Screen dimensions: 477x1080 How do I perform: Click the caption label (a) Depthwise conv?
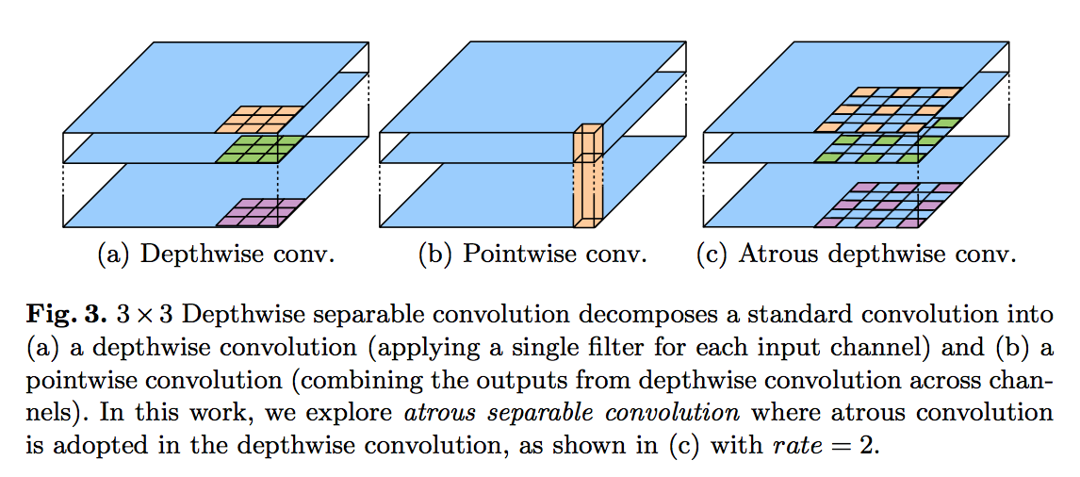click(x=217, y=255)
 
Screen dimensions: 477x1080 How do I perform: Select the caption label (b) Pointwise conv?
click(x=532, y=255)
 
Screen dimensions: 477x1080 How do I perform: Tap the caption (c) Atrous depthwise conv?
click(x=856, y=255)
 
